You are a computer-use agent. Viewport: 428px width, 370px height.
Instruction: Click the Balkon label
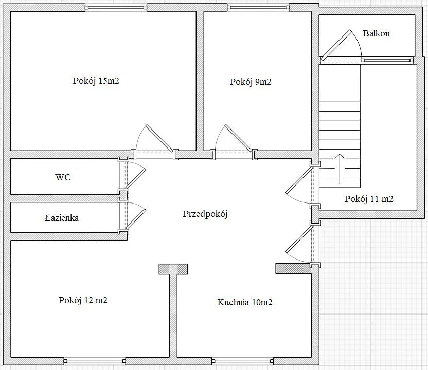[x=376, y=33]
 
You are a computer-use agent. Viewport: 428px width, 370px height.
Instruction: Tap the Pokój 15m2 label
[x=96, y=81]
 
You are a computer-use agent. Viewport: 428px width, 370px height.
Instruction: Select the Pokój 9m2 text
[x=251, y=82]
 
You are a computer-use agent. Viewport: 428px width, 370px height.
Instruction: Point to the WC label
[x=63, y=177]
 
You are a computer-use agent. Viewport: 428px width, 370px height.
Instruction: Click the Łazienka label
[x=61, y=218]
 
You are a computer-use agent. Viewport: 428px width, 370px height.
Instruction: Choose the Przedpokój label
[x=205, y=214]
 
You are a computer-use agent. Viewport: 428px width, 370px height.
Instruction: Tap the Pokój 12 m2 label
[x=83, y=300]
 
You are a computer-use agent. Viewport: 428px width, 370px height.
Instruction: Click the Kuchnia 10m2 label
[x=244, y=302]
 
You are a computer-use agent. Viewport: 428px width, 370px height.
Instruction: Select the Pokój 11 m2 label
[x=369, y=199]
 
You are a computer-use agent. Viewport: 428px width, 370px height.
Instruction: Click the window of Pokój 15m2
[x=116, y=7]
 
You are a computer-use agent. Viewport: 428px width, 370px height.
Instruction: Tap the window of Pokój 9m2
[x=258, y=7]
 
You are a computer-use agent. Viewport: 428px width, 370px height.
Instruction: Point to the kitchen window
[x=243, y=361]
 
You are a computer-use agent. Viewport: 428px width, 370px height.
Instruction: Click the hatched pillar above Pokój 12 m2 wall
[x=173, y=269]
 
